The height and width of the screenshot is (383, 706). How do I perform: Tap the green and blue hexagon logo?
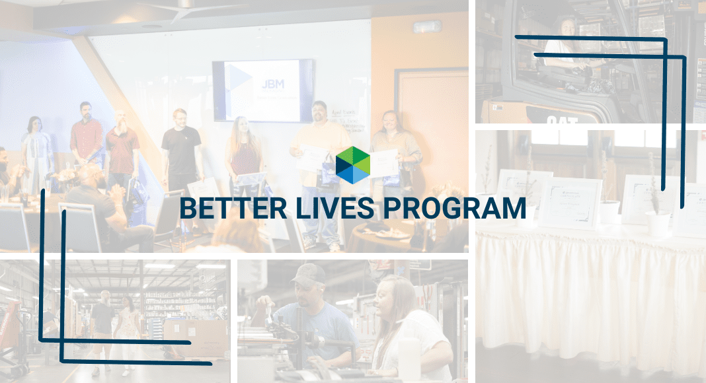[x=353, y=164]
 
